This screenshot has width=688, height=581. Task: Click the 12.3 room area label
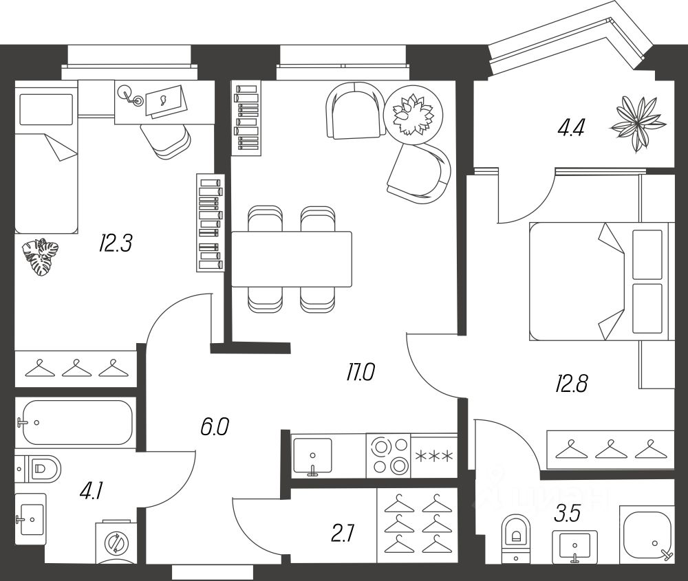115,243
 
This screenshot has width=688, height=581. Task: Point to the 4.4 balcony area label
570,128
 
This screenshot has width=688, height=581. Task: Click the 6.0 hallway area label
213,428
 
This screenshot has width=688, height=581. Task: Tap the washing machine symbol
114,544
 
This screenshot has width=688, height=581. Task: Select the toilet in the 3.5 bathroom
515,534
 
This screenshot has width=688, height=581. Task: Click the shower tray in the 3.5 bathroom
647,534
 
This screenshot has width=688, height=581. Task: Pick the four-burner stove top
388,455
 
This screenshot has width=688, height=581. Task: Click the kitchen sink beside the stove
312,455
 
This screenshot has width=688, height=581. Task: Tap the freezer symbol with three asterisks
433,455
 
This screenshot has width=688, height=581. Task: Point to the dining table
292,259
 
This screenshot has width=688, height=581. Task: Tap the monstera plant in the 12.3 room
41,257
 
